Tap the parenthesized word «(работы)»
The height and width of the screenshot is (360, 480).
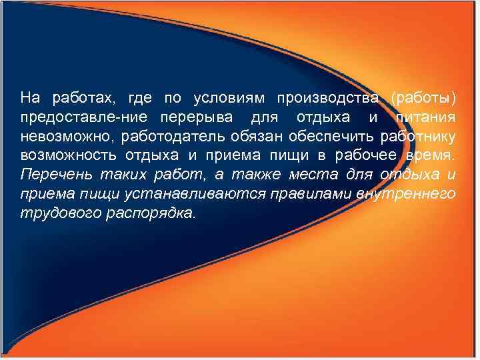(x=424, y=99)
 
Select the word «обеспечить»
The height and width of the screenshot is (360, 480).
(x=333, y=137)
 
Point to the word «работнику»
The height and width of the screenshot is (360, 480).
(x=417, y=137)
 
